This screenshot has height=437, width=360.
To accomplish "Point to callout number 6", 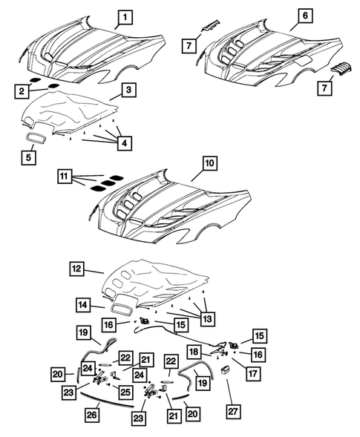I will (305, 16).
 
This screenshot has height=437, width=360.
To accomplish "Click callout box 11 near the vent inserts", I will (66, 177).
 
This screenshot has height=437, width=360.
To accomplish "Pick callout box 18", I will (215, 352).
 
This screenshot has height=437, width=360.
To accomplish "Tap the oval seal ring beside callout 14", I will (124, 305).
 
